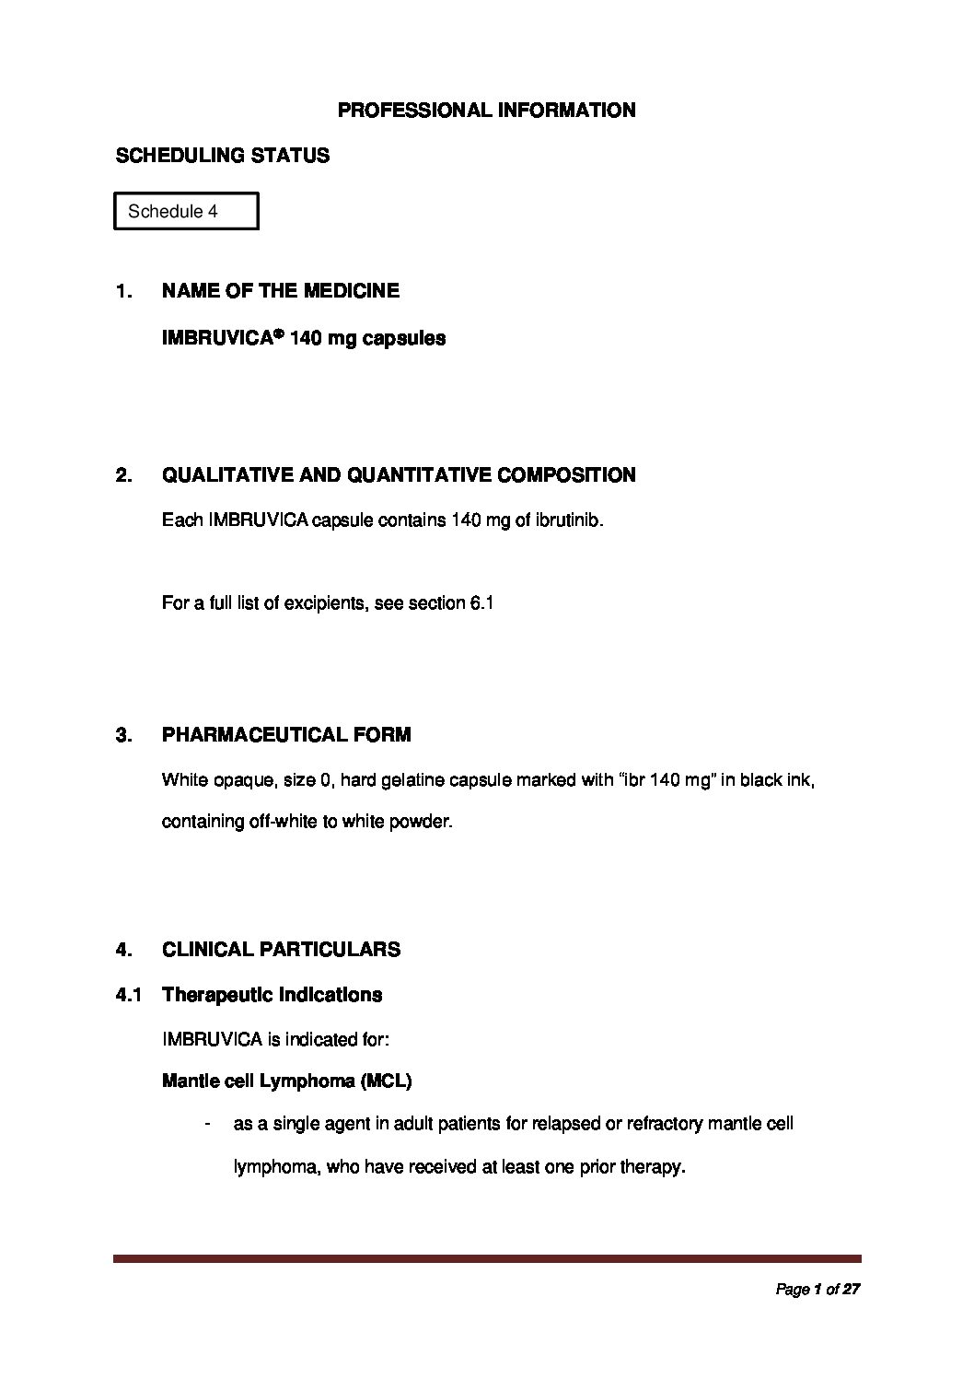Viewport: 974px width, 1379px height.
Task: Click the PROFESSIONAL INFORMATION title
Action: click(486, 111)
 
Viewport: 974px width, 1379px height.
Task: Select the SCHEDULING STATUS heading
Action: click(222, 156)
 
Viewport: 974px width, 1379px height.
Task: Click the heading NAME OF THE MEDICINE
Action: click(280, 291)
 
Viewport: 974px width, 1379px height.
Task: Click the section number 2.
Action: click(123, 475)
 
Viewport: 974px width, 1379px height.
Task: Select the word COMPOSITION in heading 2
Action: click(566, 475)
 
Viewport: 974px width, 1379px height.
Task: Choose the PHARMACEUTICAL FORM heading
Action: click(286, 735)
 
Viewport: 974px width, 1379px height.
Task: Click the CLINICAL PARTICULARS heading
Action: click(281, 950)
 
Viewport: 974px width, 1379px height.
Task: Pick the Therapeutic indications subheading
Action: click(272, 995)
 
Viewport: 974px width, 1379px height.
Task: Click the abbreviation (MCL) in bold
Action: click(385, 1081)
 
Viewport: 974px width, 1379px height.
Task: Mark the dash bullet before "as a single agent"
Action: click(212, 1125)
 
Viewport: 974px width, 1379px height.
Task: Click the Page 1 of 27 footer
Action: click(817, 1290)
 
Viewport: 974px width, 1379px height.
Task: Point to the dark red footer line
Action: click(487, 1258)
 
